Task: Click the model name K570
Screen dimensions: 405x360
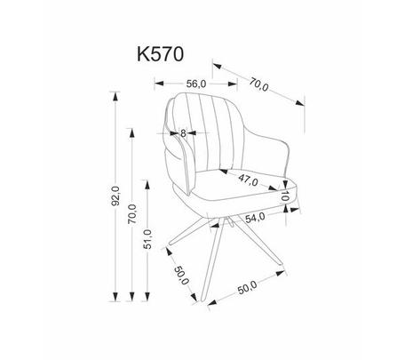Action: coord(160,54)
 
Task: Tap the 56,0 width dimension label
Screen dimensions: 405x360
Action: coord(196,84)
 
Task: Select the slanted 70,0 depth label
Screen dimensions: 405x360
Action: coord(258,84)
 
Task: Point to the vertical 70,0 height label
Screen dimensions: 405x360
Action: coord(132,213)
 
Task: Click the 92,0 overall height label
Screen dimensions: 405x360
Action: coord(115,196)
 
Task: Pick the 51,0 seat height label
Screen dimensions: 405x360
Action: coord(147,239)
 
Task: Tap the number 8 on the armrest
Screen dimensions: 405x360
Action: coord(183,133)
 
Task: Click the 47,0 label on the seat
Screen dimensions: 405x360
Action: coord(248,180)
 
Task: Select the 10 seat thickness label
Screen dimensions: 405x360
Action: coord(284,196)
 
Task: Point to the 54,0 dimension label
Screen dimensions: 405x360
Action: coord(255,218)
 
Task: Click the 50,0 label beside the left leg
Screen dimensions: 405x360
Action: coord(181,275)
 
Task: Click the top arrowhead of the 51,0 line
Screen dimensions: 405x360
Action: coord(147,185)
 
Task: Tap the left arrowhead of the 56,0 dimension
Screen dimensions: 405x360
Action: coord(159,84)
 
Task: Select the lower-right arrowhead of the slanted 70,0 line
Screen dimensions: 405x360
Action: coord(299,102)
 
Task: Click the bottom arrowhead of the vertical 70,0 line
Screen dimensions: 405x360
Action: coord(132,296)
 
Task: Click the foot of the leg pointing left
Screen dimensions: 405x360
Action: coord(171,244)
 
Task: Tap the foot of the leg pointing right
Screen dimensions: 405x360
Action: coord(281,264)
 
